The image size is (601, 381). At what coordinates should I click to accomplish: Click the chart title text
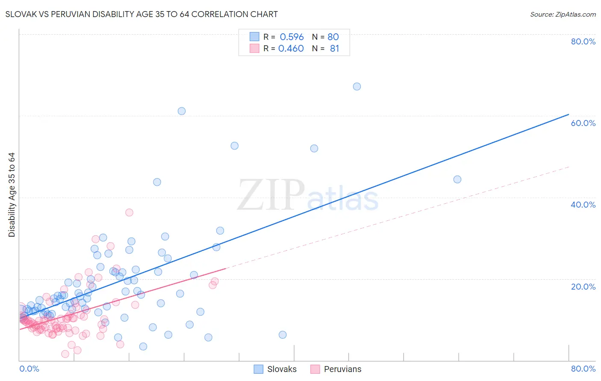[x=141, y=14]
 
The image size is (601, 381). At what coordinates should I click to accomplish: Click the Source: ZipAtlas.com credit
[x=563, y=14]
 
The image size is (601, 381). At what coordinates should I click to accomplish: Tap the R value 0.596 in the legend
[x=292, y=37]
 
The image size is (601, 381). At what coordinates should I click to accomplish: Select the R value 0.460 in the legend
[x=291, y=48]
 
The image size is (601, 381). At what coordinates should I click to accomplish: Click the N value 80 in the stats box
[x=333, y=37]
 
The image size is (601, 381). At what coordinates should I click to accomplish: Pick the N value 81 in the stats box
[x=334, y=48]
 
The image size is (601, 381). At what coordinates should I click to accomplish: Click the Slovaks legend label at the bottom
[x=282, y=369]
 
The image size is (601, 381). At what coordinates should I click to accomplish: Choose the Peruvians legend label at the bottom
[x=342, y=369]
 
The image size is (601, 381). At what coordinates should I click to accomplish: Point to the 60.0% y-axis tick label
[x=583, y=123]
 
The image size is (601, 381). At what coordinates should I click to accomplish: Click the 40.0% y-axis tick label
[x=583, y=205]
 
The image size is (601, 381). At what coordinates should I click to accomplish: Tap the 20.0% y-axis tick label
[x=583, y=287]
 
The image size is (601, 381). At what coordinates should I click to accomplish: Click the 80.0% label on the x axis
[x=583, y=369]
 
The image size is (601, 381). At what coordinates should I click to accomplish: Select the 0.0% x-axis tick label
[x=29, y=369]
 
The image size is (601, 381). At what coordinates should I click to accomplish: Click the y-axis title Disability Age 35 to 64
[x=12, y=195]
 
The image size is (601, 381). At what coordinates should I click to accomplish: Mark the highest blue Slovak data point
[x=357, y=86]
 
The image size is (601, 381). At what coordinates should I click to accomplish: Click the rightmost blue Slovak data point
[x=457, y=179]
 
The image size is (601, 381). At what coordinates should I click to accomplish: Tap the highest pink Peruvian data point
[x=129, y=212]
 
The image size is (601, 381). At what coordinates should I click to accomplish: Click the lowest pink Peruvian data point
[x=65, y=354]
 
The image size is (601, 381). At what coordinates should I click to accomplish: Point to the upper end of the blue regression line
[x=569, y=114]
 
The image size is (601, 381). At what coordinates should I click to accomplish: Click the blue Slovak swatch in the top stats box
[x=254, y=37]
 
